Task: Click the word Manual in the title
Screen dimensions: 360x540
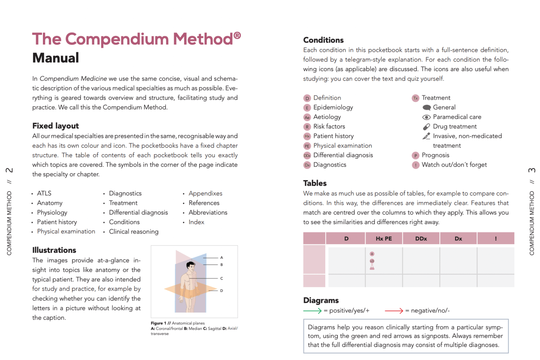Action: coord(55,58)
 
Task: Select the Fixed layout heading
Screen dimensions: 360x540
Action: coord(55,126)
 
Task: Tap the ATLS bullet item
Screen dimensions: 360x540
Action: coord(44,193)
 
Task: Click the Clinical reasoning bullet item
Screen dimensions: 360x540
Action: coord(134,231)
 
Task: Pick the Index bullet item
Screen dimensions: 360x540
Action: coord(196,222)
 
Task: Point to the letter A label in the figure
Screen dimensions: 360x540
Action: coord(222,257)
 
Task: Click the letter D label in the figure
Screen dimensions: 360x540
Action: coord(222,291)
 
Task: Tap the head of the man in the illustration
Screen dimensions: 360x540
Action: coord(190,266)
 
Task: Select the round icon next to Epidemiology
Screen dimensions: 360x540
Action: coord(307,108)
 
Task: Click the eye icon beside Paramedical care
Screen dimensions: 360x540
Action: coord(426,117)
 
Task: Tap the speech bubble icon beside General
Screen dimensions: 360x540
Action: coord(427,107)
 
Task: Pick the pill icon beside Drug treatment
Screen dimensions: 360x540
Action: coord(426,127)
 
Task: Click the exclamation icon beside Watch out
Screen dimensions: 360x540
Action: coord(415,165)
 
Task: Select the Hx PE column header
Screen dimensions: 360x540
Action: coord(383,238)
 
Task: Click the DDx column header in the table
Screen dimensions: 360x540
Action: coord(421,238)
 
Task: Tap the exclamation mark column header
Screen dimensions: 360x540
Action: coord(495,238)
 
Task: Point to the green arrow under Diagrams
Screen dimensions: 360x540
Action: coord(312,311)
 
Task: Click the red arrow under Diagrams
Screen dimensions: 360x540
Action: coord(394,311)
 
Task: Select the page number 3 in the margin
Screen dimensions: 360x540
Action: coord(532,170)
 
